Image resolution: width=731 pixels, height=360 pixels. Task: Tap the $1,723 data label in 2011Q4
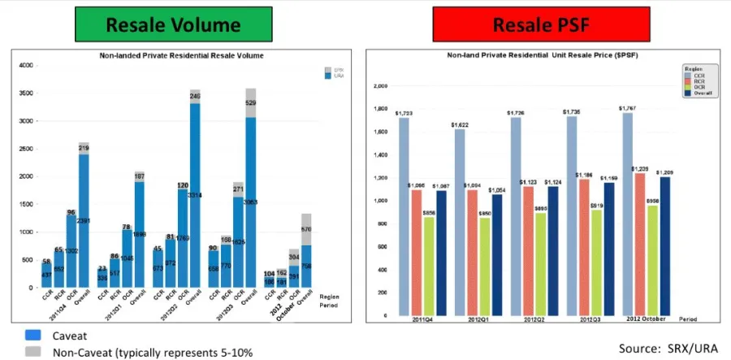[404, 113]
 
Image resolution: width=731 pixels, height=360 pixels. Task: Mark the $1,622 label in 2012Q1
[460, 124]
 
